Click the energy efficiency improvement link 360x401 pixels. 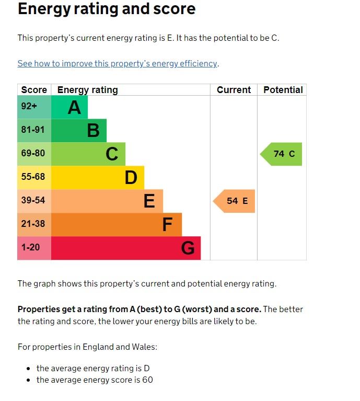(x=118, y=63)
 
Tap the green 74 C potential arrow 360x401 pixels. (x=282, y=154)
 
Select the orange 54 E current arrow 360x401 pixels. (x=235, y=201)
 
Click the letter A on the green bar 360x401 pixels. (x=74, y=107)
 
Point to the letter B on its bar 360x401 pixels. (x=93, y=130)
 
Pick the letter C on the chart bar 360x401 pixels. (x=112, y=154)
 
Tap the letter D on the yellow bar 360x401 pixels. (x=131, y=178)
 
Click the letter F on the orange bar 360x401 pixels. (x=167, y=225)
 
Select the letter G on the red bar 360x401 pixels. (x=188, y=248)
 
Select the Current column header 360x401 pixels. (x=234, y=90)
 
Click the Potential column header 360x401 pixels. (x=283, y=90)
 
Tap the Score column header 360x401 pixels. (x=34, y=90)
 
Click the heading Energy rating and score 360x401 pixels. (x=107, y=9)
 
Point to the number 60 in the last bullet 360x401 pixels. (x=147, y=380)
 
